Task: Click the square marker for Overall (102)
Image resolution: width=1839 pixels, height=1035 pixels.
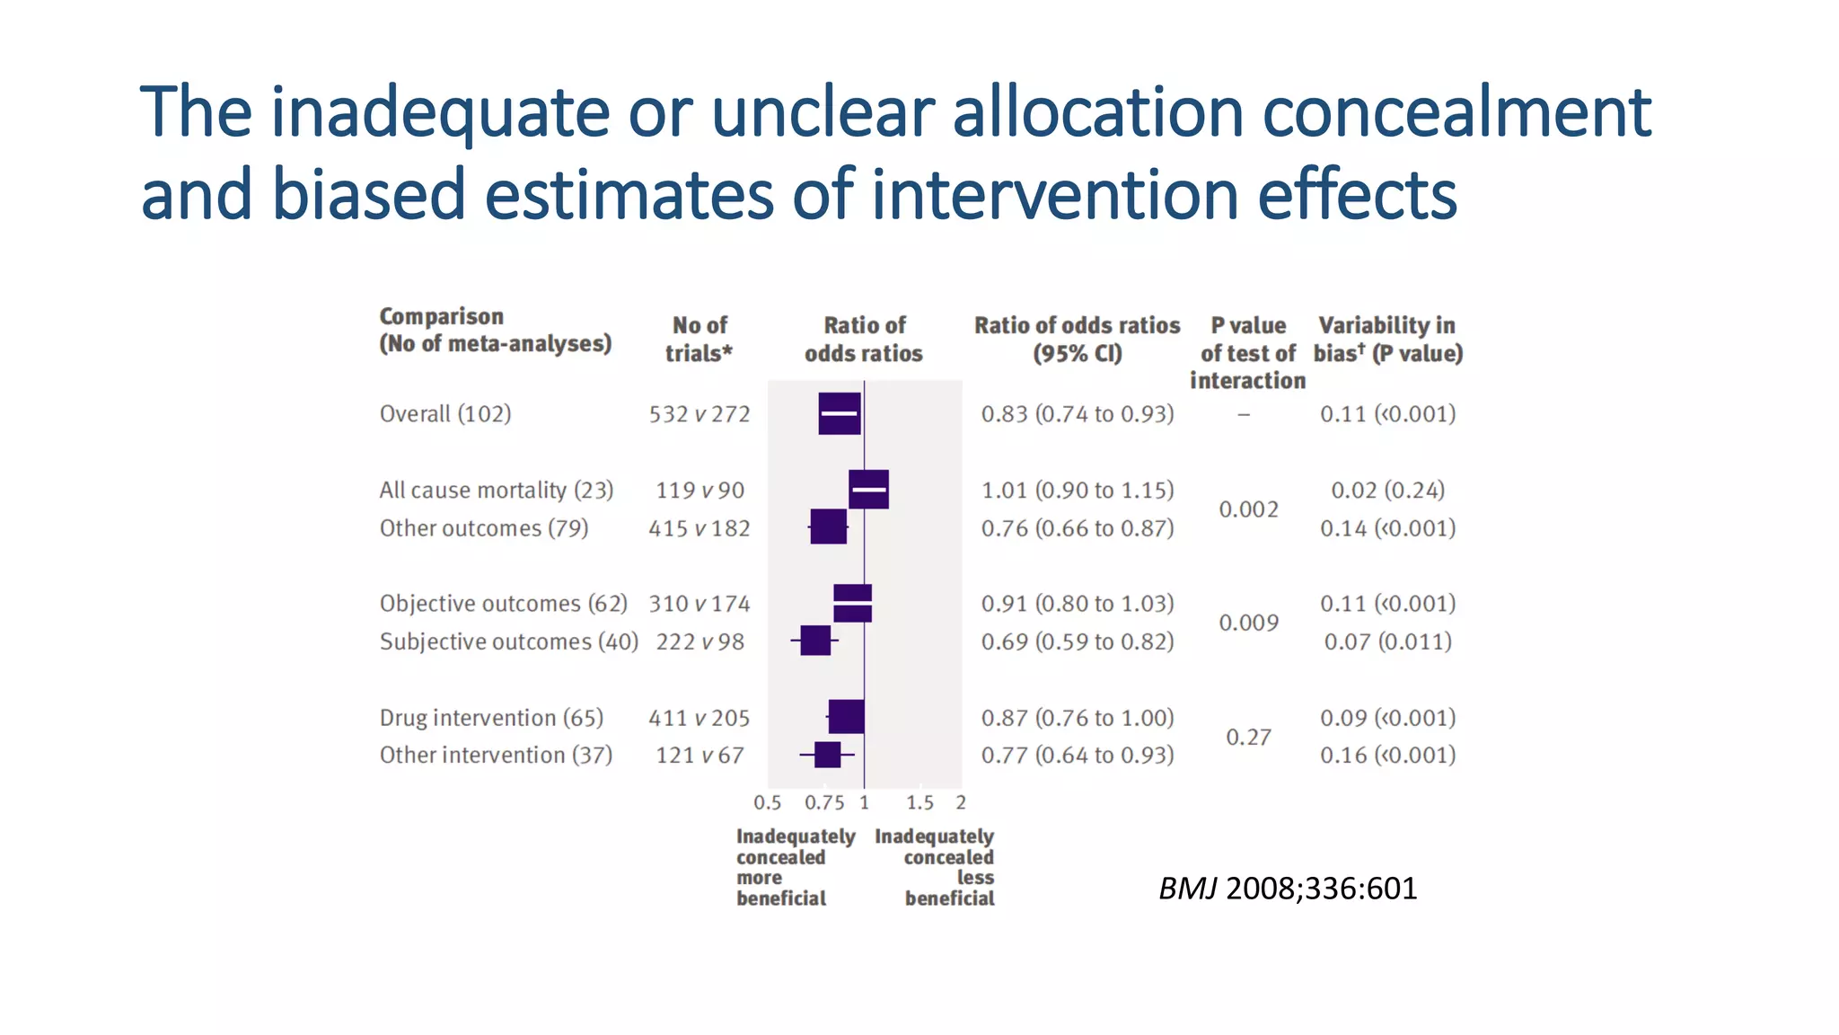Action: coord(840,413)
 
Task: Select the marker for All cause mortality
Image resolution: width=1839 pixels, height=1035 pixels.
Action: coord(868,490)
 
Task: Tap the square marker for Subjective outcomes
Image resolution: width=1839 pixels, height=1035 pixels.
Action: coord(815,641)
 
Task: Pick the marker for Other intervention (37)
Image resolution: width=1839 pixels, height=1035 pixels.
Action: coord(827,755)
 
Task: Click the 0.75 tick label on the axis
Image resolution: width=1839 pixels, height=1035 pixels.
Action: coord(823,802)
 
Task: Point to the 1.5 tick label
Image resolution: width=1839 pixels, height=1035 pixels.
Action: coord(919,802)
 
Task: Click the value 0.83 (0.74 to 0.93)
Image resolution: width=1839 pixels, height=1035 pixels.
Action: coord(1077,414)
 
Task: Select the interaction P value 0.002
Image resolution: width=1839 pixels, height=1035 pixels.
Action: coord(1248,509)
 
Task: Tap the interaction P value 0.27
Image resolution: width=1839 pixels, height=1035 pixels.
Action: coord(1248,737)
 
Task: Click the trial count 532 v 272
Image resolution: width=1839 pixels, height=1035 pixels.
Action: coord(699,414)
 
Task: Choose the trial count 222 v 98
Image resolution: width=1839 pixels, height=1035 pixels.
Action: coord(699,641)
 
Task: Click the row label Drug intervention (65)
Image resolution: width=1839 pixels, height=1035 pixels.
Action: coord(491,718)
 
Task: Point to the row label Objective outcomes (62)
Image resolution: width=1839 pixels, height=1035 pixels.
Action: coord(503,604)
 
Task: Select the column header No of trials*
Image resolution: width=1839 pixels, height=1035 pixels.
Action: coord(699,339)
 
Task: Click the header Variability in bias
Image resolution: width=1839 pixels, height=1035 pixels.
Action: coord(1387,339)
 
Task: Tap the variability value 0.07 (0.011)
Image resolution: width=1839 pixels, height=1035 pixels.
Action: coord(1387,641)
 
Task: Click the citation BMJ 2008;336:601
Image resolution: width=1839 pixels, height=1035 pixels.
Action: coord(1287,889)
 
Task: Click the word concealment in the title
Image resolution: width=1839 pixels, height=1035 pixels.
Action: coord(1456,112)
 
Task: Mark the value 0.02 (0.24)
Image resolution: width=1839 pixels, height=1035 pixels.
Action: coord(1387,491)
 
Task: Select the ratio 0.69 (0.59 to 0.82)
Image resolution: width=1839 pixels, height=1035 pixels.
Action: coord(1077,641)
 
